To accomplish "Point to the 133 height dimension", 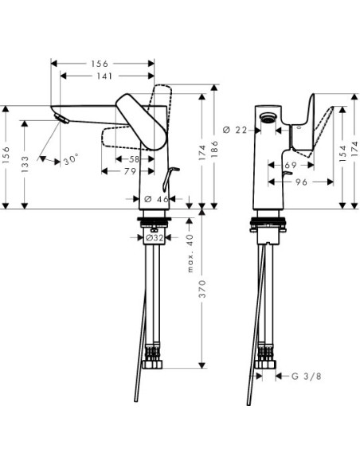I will (25, 162).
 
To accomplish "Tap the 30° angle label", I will (72, 159).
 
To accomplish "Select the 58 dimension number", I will (134, 159).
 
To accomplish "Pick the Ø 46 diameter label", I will (157, 199).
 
